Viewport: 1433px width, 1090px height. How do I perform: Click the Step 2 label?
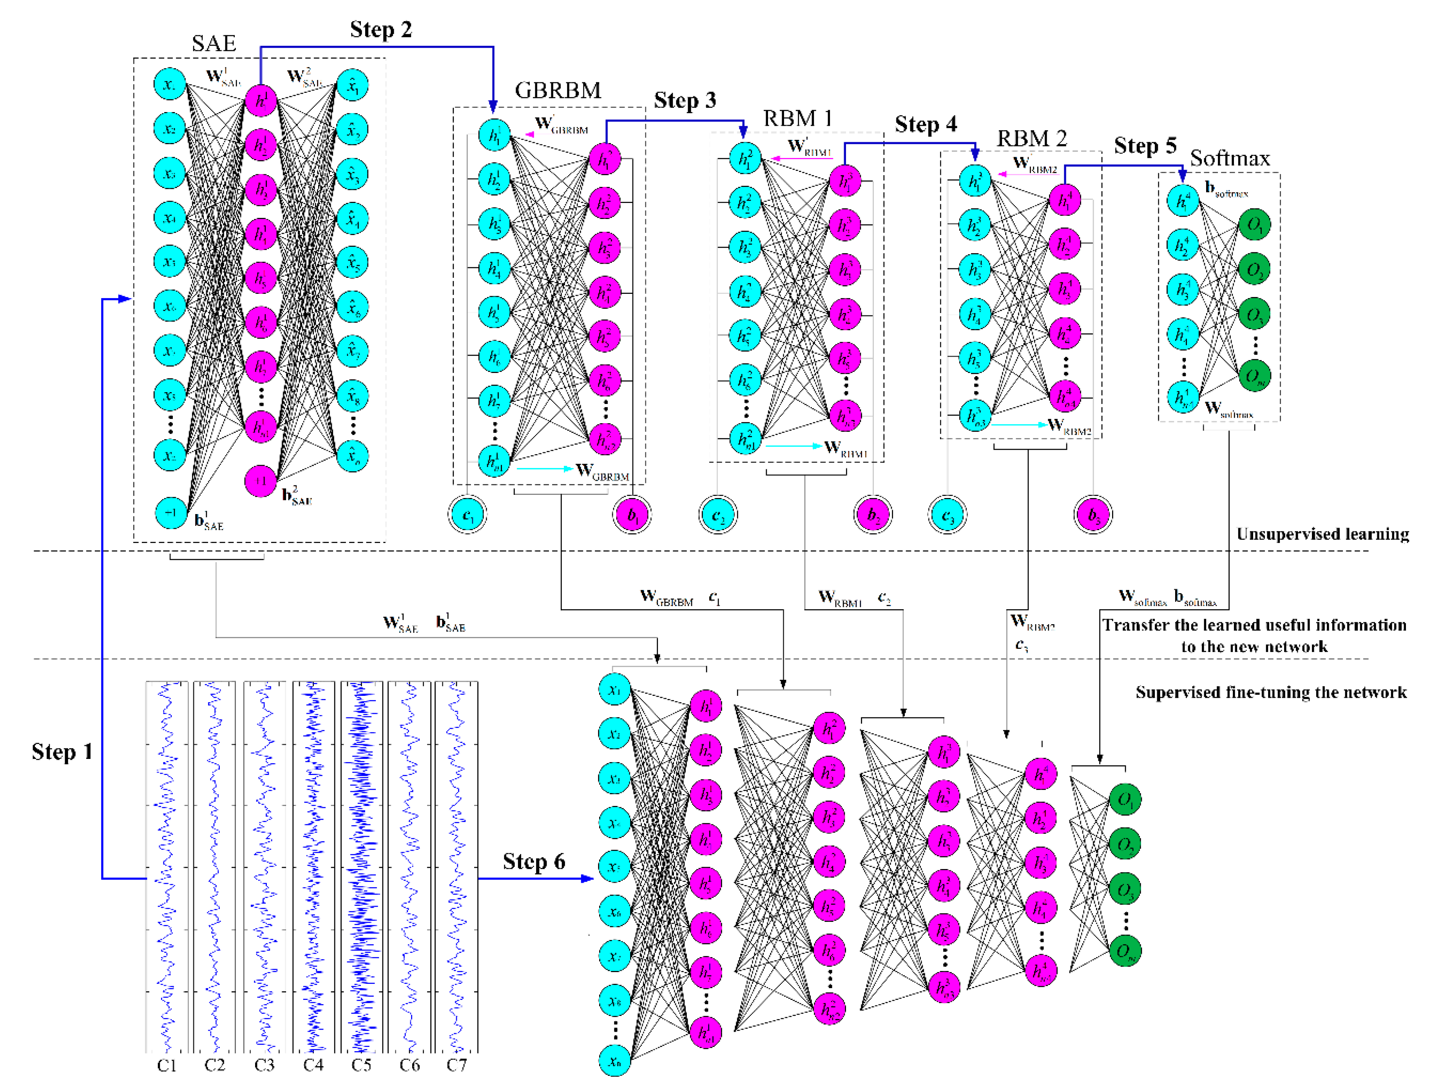pyautogui.click(x=381, y=30)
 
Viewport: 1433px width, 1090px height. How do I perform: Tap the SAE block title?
pyautogui.click(x=214, y=43)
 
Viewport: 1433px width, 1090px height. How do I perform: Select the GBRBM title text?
pyautogui.click(x=558, y=90)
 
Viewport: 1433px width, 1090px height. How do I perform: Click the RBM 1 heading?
pyautogui.click(x=797, y=119)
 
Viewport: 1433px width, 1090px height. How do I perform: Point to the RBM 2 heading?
pyautogui.click(x=1031, y=139)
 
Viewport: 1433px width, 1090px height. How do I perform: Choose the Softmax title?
pyautogui.click(x=1229, y=158)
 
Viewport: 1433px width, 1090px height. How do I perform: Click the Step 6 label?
pyautogui.click(x=533, y=862)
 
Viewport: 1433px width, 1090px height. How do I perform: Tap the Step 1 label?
pyautogui.click(x=62, y=752)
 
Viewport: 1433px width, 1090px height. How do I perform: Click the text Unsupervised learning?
pyautogui.click(x=1322, y=534)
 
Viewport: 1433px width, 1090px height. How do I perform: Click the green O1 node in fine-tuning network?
pyautogui.click(x=1125, y=799)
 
